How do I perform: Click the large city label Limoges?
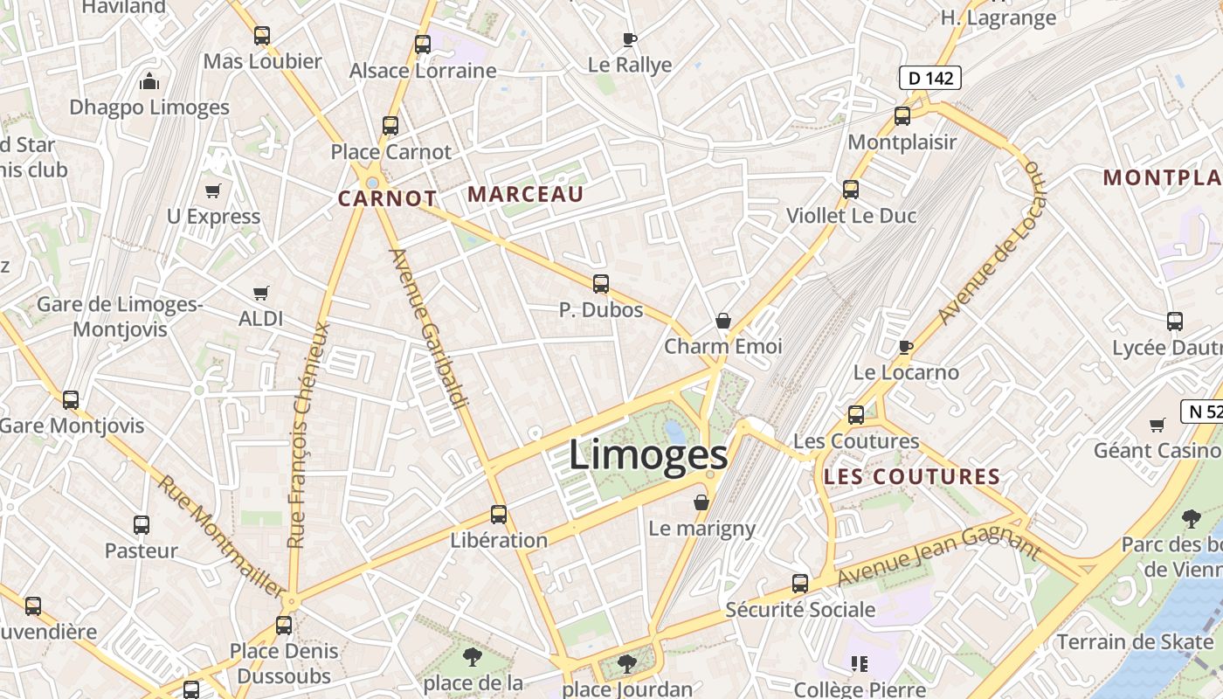point(648,455)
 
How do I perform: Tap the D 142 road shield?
point(930,78)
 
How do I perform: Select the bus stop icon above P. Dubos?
point(601,284)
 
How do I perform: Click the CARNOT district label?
point(387,198)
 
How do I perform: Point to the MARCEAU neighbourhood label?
point(526,194)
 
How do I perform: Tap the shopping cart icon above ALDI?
point(260,293)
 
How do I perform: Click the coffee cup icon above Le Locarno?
point(906,347)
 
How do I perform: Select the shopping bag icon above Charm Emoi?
point(723,321)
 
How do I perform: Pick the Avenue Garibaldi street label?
point(428,329)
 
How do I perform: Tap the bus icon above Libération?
point(499,515)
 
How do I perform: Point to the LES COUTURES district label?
point(912,477)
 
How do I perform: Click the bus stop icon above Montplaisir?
point(902,115)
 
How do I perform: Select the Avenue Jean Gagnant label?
point(939,551)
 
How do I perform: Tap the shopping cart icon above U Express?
point(213,190)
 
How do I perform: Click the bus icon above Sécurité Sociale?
point(800,584)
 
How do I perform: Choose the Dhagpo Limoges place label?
point(149,107)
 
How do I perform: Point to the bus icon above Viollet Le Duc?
point(851,190)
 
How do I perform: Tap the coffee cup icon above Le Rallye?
point(630,39)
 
